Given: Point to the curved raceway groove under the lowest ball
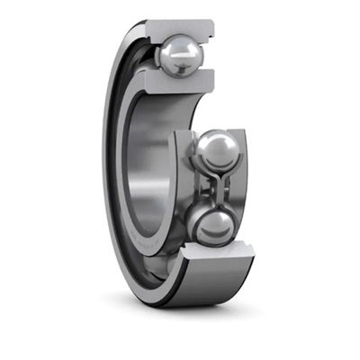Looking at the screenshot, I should tap(216, 250).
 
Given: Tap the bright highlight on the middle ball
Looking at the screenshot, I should tap(211, 141).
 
